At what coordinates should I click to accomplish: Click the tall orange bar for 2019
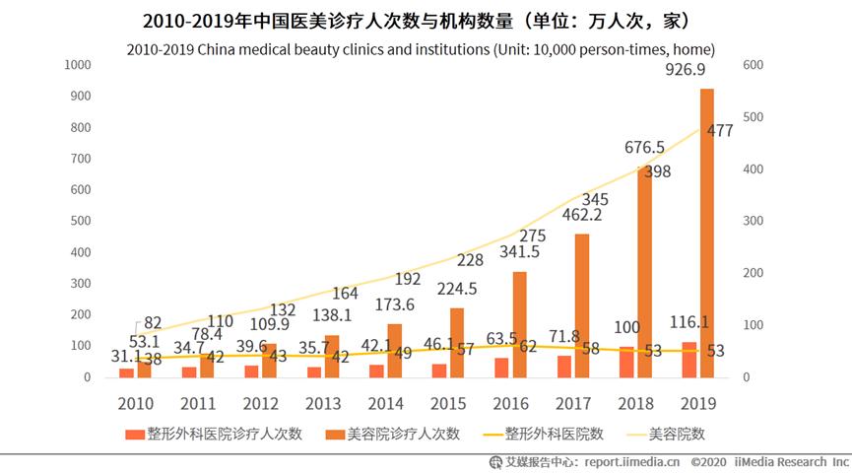707,233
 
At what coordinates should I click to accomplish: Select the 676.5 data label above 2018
645,148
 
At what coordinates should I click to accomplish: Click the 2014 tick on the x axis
385,403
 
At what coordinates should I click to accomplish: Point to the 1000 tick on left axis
77,65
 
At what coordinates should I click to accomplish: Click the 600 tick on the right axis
753,65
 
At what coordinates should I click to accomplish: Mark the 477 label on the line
720,131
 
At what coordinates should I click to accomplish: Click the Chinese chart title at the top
425,21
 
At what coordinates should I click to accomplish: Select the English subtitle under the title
425,48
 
